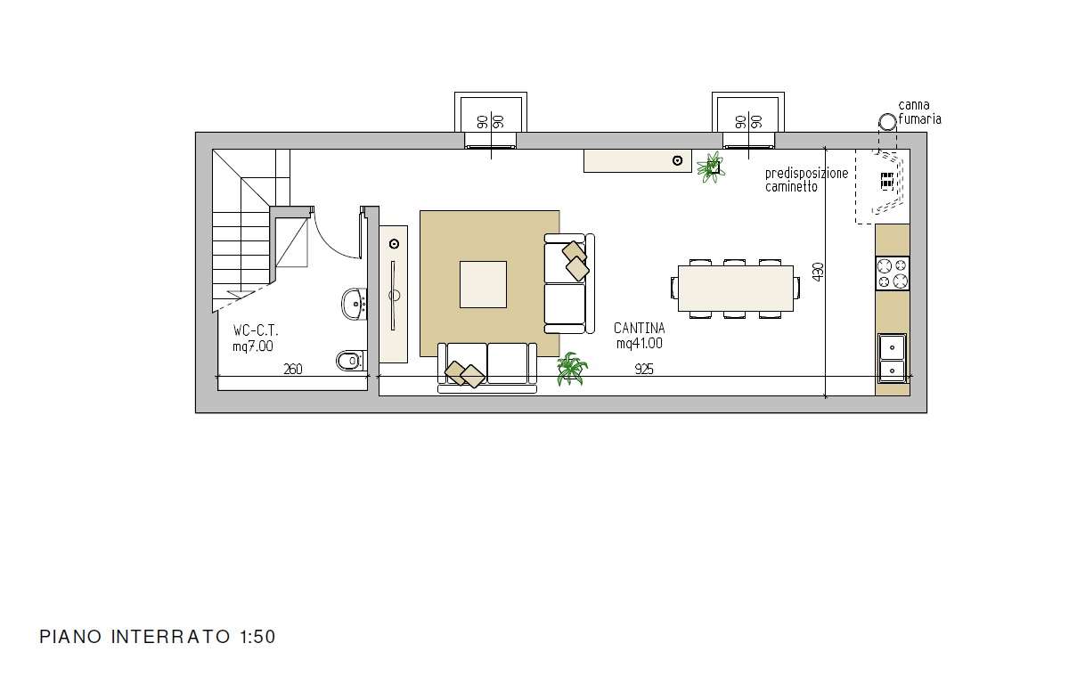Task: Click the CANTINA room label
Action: click(x=639, y=329)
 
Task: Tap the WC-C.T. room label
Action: click(x=256, y=330)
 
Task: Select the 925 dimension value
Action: click(x=644, y=370)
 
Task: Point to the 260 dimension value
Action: click(x=293, y=370)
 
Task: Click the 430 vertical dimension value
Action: click(x=818, y=272)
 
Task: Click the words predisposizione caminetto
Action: click(x=806, y=180)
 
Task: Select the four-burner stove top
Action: click(x=892, y=273)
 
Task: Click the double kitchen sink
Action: click(x=892, y=358)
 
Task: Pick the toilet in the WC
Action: click(x=350, y=360)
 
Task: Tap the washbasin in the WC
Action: click(x=355, y=304)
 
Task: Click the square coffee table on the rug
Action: click(x=483, y=284)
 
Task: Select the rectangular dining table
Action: click(x=736, y=288)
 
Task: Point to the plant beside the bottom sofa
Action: click(x=572, y=369)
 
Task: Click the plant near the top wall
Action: click(x=711, y=167)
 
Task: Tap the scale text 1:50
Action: click(x=257, y=637)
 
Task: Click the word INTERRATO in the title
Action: click(x=171, y=637)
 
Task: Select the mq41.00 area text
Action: click(x=640, y=343)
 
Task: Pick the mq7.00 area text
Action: click(x=253, y=346)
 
